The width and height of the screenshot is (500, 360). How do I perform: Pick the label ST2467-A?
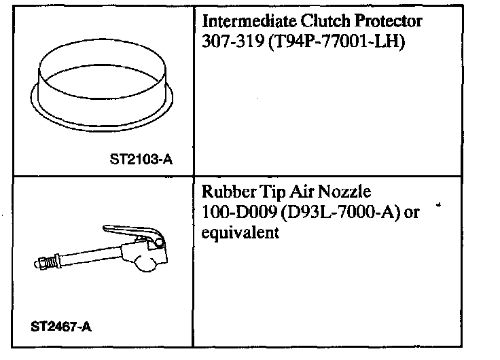61,326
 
